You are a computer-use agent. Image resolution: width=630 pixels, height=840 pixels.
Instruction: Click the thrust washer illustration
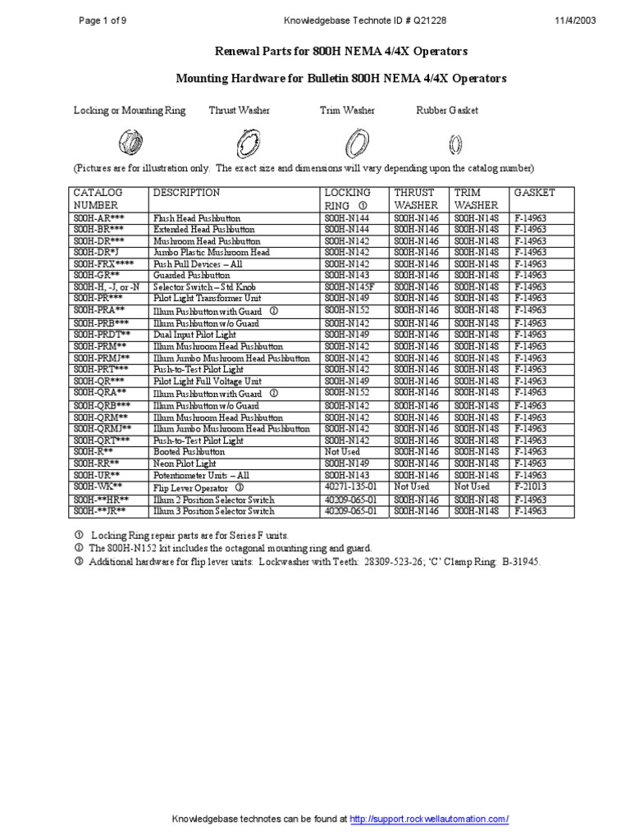[244, 144]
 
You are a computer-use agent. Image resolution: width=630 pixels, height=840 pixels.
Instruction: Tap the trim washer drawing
[355, 144]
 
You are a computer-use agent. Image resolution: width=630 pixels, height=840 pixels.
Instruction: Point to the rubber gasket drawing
[456, 144]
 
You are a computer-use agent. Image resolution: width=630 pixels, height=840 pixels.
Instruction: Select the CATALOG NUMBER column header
[98, 199]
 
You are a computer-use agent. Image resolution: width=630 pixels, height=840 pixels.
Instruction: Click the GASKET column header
[534, 193]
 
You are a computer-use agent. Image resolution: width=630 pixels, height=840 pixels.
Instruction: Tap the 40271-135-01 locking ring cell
[352, 486]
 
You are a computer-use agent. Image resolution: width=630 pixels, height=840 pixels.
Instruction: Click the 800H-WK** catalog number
[97, 486]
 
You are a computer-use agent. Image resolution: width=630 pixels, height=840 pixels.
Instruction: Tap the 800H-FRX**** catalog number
[102, 264]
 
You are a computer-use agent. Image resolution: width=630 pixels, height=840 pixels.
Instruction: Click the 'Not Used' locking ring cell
[342, 452]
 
